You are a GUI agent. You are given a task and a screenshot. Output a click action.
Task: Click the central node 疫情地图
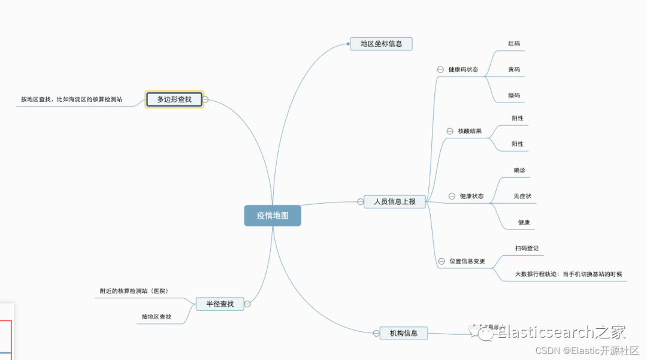click(x=273, y=216)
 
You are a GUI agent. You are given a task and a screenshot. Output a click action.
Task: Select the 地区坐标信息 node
click(x=381, y=44)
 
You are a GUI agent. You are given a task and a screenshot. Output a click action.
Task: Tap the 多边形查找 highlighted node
click(x=174, y=99)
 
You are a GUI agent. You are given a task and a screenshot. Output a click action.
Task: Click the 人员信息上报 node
click(x=394, y=202)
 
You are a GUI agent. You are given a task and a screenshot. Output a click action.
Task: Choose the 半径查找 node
click(x=220, y=304)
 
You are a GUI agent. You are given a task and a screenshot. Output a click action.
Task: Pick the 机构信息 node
click(x=404, y=333)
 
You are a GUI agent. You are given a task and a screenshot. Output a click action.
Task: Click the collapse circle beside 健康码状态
click(x=440, y=69)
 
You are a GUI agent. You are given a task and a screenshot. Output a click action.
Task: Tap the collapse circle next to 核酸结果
click(x=450, y=131)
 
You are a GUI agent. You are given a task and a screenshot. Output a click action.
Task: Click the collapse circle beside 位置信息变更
click(x=442, y=262)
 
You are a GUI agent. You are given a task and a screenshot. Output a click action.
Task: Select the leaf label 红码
click(x=514, y=44)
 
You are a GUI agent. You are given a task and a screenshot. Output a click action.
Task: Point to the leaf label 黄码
click(x=514, y=69)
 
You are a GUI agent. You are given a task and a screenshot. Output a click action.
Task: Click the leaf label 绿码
click(x=514, y=95)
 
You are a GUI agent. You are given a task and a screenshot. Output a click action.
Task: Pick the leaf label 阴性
click(x=518, y=118)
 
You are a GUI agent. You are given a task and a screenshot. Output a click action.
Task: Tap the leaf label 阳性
click(x=518, y=144)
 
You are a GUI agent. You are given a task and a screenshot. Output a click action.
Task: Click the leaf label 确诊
click(x=519, y=171)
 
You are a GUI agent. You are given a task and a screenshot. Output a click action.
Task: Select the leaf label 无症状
click(x=522, y=196)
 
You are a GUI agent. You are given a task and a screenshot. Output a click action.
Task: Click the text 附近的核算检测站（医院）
click(x=134, y=291)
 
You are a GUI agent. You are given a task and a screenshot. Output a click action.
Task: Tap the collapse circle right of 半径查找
click(x=247, y=304)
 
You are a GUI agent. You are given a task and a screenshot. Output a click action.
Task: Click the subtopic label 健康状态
click(x=471, y=196)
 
